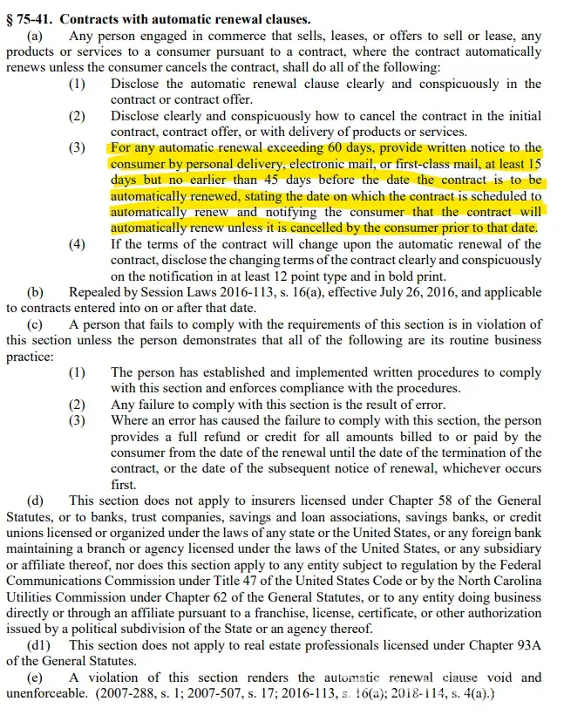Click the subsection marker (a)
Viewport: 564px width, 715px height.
[x=36, y=37]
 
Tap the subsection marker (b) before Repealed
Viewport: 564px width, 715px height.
[x=36, y=292]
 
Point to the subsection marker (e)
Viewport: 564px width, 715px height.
[x=35, y=677]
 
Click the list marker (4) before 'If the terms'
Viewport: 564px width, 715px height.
[x=78, y=244]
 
